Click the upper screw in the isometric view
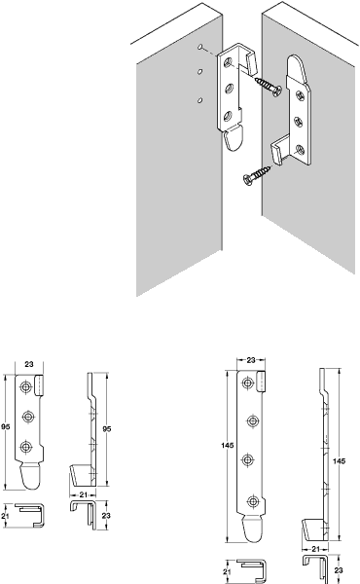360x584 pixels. [x=268, y=86]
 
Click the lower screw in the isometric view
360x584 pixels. [x=257, y=174]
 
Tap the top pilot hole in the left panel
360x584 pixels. [x=200, y=47]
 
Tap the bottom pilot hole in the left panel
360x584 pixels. [x=199, y=100]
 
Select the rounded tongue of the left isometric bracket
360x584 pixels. [x=234, y=138]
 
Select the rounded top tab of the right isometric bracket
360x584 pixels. [x=297, y=68]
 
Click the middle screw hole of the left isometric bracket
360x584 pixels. [x=229, y=90]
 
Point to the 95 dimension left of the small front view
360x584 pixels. [x=5, y=427]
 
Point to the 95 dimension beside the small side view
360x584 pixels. [x=106, y=429]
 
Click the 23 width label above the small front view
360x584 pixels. [x=28, y=364]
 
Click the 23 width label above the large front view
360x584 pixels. [x=251, y=360]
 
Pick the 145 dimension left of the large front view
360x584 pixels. [x=227, y=446]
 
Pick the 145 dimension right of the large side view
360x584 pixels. [x=339, y=461]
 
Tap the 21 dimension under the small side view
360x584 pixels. [x=84, y=494]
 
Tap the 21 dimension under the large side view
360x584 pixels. [x=315, y=549]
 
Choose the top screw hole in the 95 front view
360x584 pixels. [x=25, y=387]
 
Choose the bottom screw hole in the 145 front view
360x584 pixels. [x=253, y=501]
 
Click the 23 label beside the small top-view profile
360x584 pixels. [x=106, y=516]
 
